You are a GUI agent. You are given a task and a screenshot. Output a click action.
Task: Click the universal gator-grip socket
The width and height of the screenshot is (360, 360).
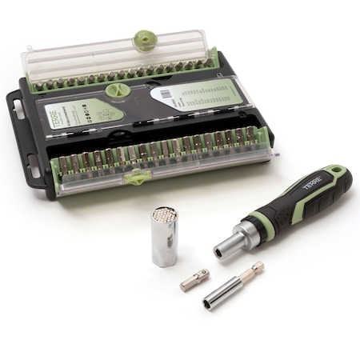(x=165, y=237)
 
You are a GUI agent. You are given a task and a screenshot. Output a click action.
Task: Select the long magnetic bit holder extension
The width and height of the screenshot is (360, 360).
(x=233, y=285)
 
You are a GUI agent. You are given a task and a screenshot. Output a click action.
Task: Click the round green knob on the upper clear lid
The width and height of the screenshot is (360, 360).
(x=144, y=40)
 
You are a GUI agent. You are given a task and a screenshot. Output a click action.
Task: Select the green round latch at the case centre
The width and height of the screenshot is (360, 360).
(x=117, y=90)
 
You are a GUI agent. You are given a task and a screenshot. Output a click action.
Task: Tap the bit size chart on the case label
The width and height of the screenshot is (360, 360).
(x=208, y=98)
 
